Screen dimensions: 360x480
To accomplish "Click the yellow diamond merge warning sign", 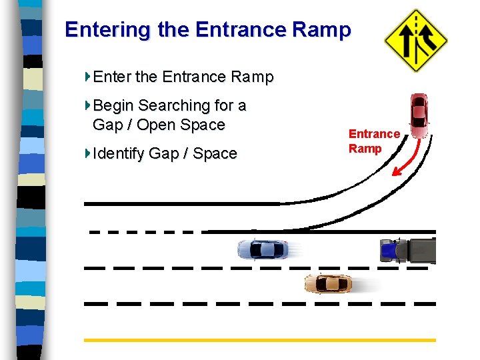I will point(415,39).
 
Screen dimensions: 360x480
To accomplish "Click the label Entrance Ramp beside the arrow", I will point(374,141).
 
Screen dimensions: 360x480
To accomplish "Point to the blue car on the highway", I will point(264,250).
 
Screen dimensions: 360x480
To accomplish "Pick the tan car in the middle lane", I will point(328,284).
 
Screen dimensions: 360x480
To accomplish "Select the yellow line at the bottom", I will point(260,340).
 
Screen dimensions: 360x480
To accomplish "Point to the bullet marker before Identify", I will point(88,153).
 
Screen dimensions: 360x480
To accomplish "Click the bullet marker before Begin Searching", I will point(88,105).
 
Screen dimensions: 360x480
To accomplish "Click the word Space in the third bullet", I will point(215,153).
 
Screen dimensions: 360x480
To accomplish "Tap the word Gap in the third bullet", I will point(163,153).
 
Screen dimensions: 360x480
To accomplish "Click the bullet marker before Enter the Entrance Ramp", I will point(88,76).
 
